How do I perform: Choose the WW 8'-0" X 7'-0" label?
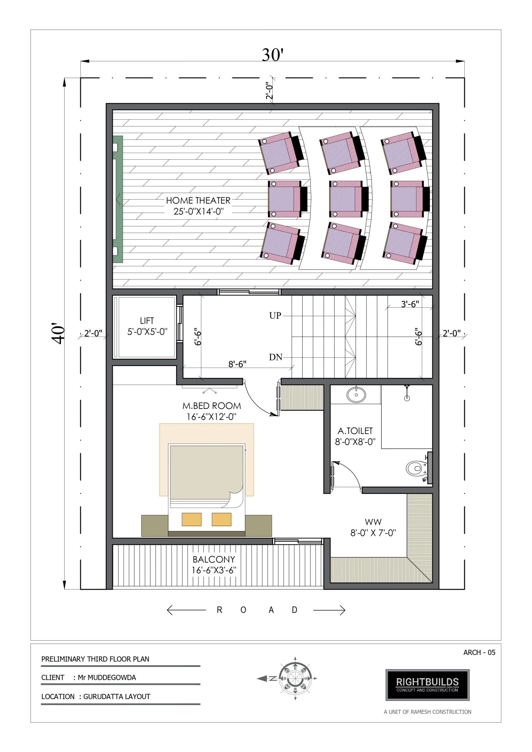coord(373,527)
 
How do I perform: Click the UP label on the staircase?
coord(275,315)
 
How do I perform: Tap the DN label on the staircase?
coord(276,357)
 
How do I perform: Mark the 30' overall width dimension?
coord(272,55)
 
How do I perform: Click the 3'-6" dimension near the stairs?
coord(410,304)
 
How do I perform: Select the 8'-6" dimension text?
coord(237,364)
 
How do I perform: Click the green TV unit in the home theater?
coord(118,199)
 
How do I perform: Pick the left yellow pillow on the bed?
coord(191,519)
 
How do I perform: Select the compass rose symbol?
coord(295,678)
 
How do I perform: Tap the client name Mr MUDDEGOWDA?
coord(107,677)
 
